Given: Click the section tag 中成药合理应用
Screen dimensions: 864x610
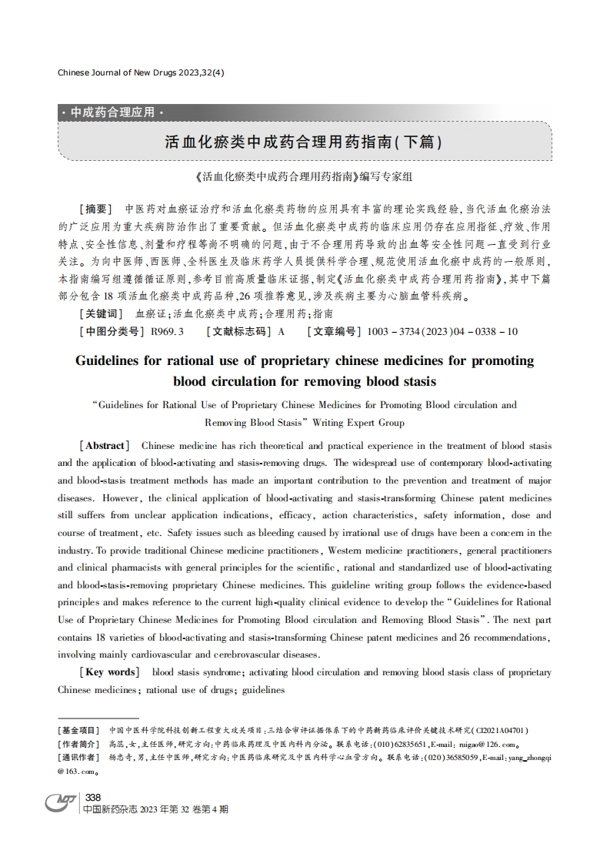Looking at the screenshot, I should pyautogui.click(x=112, y=112).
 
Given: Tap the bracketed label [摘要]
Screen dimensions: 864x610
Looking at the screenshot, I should pyautogui.click(x=95, y=209).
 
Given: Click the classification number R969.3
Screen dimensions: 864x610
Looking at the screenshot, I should pyautogui.click(x=167, y=332).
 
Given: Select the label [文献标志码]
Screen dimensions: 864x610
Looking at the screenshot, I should pyautogui.click(x=239, y=332).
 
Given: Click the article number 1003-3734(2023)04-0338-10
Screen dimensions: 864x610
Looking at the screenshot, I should pyautogui.click(x=442, y=332).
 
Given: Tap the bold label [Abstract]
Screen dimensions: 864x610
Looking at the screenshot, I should pyautogui.click(x=103, y=446).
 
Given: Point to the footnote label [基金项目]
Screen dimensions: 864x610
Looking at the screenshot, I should pyautogui.click(x=78, y=730).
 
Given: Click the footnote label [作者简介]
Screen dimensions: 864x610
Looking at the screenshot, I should pyautogui.click(x=78, y=744).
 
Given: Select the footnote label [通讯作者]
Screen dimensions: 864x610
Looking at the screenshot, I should pyautogui.click(x=78, y=758).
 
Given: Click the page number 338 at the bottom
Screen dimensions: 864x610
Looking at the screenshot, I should pyautogui.click(x=93, y=797).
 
